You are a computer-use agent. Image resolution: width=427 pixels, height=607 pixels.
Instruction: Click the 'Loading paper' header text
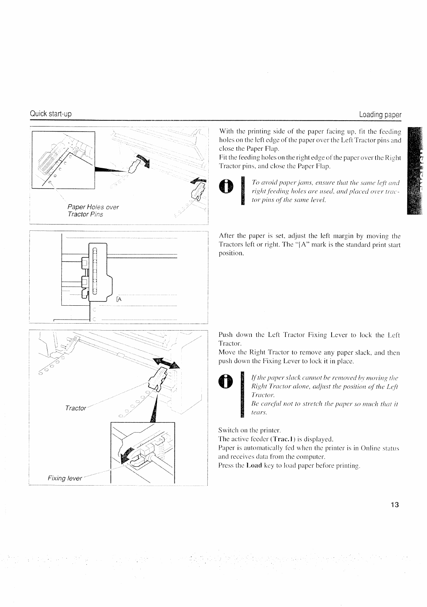[x=380, y=115]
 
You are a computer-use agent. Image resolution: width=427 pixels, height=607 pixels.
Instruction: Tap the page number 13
[x=394, y=505]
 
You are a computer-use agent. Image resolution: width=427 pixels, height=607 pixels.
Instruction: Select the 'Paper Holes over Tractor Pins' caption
[x=91, y=211]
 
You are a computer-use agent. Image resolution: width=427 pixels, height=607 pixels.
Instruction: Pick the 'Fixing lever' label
[x=65, y=478]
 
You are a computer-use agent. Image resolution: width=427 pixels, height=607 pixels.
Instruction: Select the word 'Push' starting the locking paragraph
[x=225, y=335]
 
